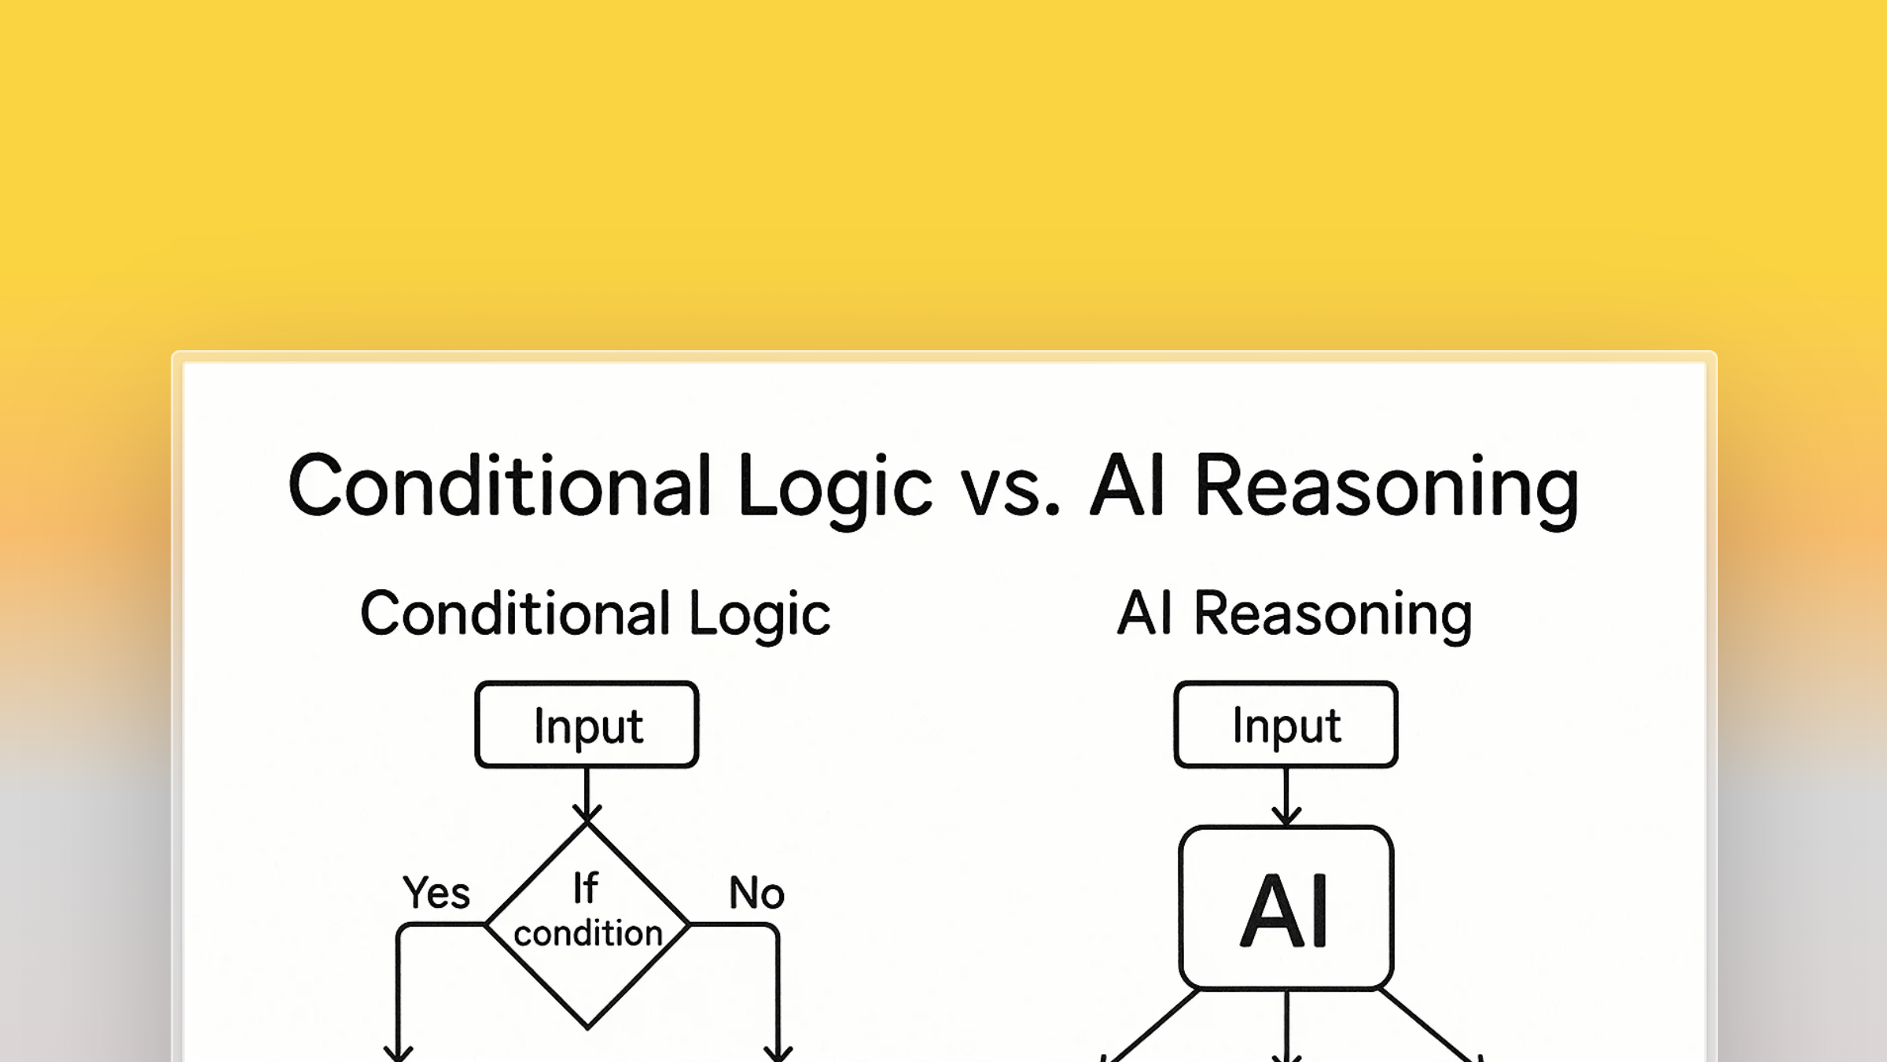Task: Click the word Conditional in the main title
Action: click(x=500, y=486)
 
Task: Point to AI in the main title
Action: click(x=1127, y=486)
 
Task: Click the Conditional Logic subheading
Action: click(x=595, y=614)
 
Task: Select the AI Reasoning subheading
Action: click(x=1294, y=614)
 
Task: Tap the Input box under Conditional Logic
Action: click(x=587, y=725)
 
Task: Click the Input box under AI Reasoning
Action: click(x=1286, y=725)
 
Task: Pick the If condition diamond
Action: click(x=587, y=924)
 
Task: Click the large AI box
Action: click(x=1286, y=908)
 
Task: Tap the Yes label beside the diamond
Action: click(x=436, y=893)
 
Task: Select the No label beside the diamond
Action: click(x=756, y=893)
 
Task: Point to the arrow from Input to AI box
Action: click(x=1286, y=795)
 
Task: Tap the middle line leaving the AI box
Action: click(x=1286, y=1023)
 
